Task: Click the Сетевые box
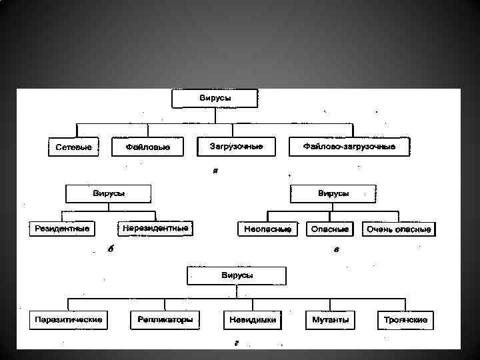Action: pyautogui.click(x=72, y=147)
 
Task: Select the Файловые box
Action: pyautogui.click(x=148, y=147)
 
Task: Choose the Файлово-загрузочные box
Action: pyautogui.click(x=349, y=146)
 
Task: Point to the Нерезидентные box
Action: pyautogui.click(x=155, y=228)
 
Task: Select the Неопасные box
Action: pyautogui.click(x=267, y=229)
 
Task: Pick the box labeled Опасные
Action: pyautogui.click(x=329, y=229)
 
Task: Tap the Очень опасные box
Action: pyautogui.click(x=399, y=229)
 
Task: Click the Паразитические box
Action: pyautogui.click(x=69, y=320)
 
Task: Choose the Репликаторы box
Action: pyautogui.click(x=165, y=320)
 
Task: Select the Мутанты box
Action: pyautogui.click(x=330, y=320)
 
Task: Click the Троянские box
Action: pyautogui.click(x=406, y=320)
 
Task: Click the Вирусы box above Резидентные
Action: pyautogui.click(x=108, y=193)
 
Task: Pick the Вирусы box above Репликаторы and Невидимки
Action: pyautogui.click(x=237, y=275)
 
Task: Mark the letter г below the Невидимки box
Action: pyautogui.click(x=237, y=345)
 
